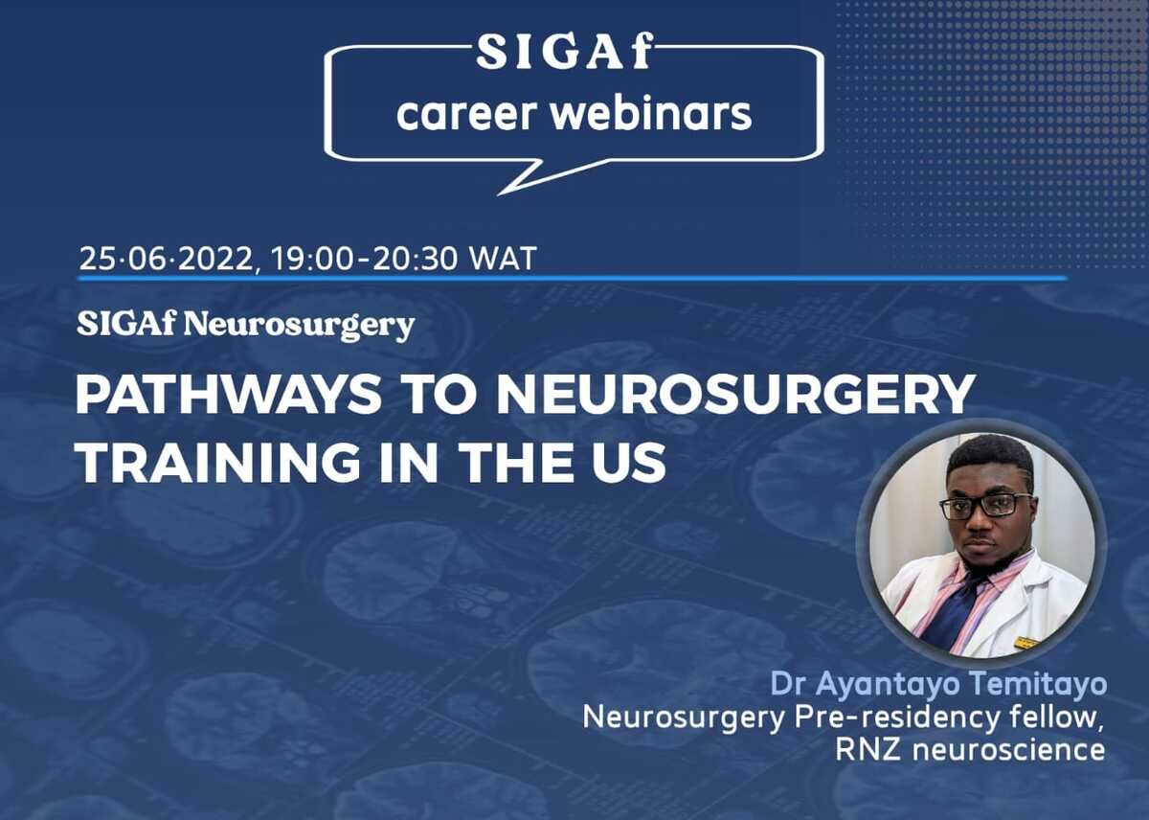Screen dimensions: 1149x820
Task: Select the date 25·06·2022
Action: [x=167, y=259]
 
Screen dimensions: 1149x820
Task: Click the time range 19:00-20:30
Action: [x=364, y=259]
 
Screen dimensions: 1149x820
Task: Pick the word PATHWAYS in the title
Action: [x=229, y=394]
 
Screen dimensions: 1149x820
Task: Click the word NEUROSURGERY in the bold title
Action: [x=735, y=394]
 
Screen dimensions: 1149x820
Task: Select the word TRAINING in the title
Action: [x=218, y=463]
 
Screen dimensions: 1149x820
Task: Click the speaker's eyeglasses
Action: [x=986, y=506]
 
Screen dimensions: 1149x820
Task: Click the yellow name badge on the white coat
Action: [x=1025, y=643]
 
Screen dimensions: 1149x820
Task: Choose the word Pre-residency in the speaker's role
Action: [x=896, y=717]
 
